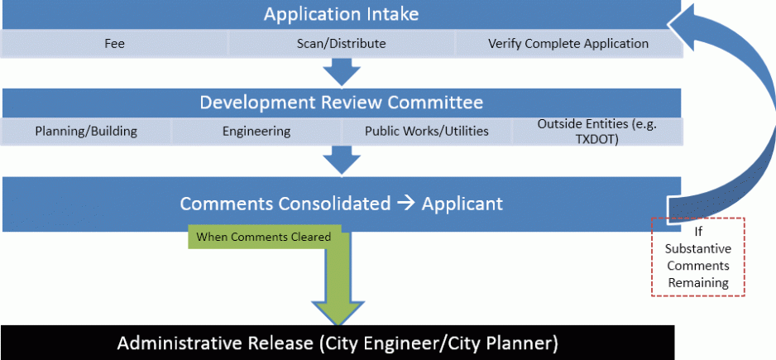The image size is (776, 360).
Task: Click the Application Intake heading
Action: (341, 14)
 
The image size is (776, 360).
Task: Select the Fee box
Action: (114, 44)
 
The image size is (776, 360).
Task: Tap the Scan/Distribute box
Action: (341, 44)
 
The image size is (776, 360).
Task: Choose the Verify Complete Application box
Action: (568, 44)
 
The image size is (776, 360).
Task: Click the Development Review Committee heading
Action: (341, 103)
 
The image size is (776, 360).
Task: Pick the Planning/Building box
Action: (86, 132)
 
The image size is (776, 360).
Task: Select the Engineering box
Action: (256, 132)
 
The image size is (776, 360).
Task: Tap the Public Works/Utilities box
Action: (427, 132)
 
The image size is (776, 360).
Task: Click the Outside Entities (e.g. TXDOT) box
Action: (596, 132)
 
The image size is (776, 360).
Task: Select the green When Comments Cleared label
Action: (263, 238)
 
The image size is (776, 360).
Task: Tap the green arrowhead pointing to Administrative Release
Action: (338, 312)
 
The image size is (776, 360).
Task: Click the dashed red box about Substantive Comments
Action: (697, 257)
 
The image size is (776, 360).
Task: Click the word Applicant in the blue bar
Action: (462, 204)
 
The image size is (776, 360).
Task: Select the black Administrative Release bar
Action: (338, 343)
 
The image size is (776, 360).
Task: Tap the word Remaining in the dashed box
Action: (698, 283)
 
